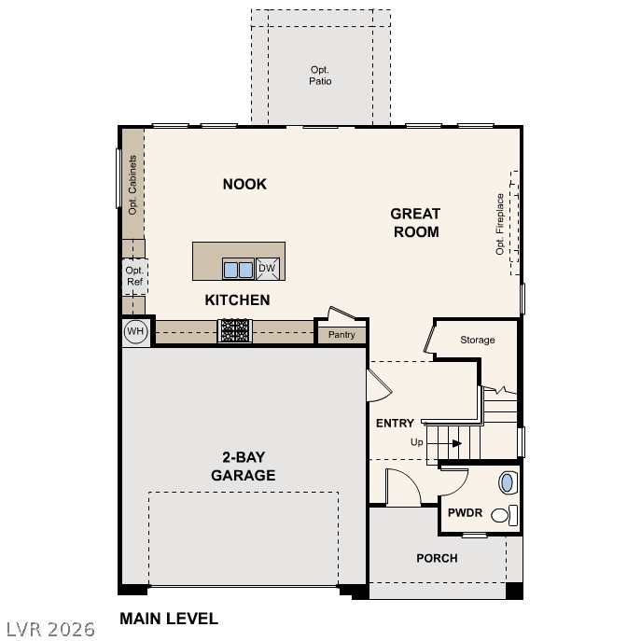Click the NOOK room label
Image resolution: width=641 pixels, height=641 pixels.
[244, 184]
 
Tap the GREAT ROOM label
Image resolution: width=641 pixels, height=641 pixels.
[415, 223]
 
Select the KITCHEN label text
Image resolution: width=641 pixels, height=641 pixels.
[237, 300]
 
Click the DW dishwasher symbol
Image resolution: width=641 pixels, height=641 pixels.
[267, 269]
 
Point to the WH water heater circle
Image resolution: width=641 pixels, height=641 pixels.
[135, 331]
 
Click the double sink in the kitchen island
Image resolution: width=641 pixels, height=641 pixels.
[237, 270]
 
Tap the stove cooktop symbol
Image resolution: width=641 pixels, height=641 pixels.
[234, 329]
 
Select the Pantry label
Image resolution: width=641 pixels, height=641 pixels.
[341, 334]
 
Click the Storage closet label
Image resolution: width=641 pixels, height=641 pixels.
[477, 340]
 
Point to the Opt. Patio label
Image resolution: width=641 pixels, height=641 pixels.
[321, 76]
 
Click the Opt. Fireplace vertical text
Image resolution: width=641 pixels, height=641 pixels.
[500, 224]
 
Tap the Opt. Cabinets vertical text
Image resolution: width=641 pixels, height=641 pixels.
[132, 184]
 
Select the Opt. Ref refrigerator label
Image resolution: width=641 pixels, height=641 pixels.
[134, 275]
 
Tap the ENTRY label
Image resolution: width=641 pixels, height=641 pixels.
[395, 423]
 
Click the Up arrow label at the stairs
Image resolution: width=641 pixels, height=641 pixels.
[416, 442]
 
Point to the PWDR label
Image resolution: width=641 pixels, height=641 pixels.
[464, 512]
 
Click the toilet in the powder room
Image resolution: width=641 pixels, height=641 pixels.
[503, 514]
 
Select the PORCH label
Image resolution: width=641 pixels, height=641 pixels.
[437, 558]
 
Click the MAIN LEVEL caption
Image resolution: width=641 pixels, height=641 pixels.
[169, 618]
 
